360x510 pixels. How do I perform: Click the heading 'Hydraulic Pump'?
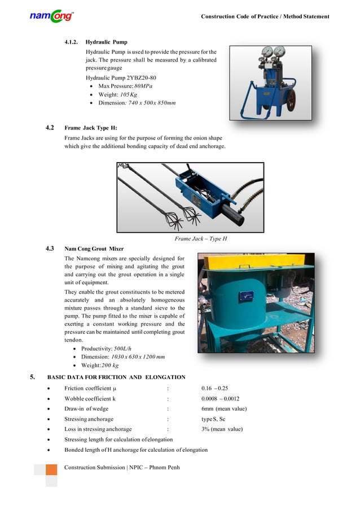click(106, 42)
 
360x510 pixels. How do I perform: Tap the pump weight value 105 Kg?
click(134, 94)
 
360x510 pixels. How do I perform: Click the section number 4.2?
click(50, 128)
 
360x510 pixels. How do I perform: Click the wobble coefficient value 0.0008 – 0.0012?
click(220, 399)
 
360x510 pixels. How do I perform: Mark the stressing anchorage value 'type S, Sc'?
click(213, 419)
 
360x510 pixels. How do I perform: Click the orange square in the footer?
click(51, 470)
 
